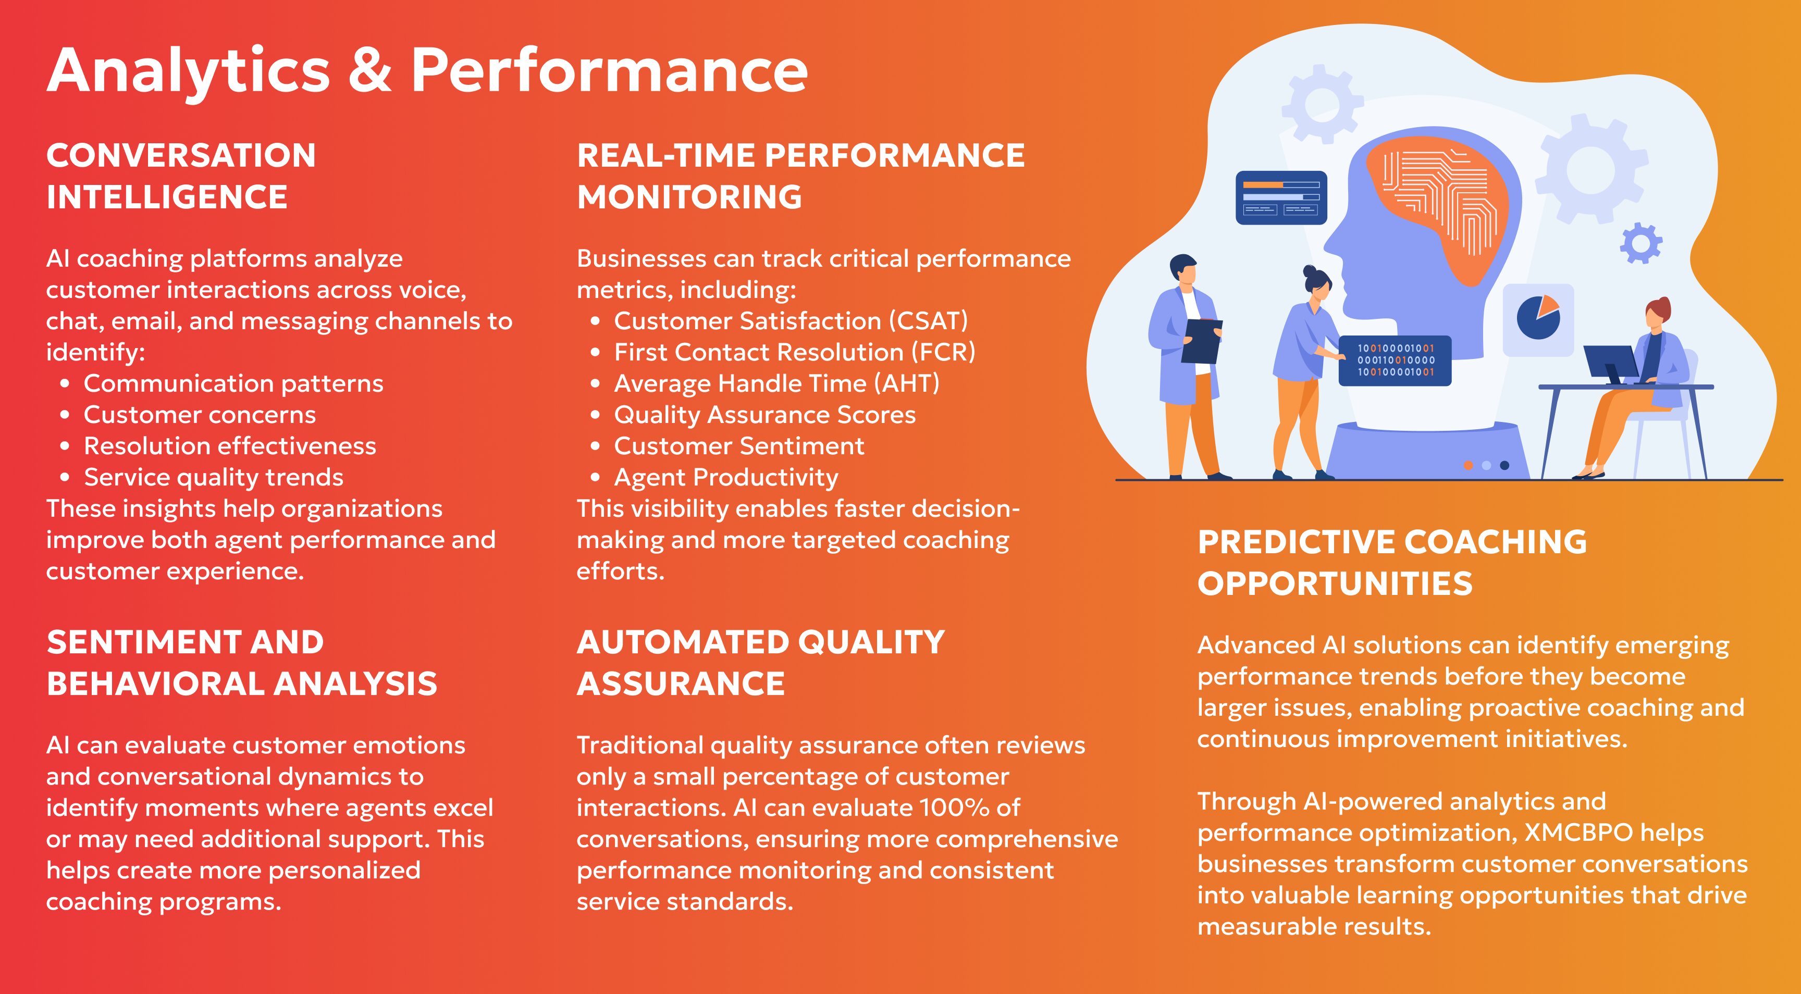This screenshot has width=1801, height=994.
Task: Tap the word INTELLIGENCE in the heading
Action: coord(167,196)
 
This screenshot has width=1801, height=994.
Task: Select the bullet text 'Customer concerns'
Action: coord(200,415)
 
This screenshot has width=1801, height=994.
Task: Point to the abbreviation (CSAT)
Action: coord(929,321)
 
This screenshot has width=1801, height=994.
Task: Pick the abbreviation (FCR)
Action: coord(943,352)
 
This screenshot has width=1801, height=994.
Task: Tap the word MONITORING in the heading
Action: coord(689,196)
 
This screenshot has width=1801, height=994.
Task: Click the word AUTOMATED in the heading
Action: coord(683,642)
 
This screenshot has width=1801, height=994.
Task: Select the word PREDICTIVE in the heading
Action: coord(1296,542)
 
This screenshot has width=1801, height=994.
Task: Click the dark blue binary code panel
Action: coord(1395,361)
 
